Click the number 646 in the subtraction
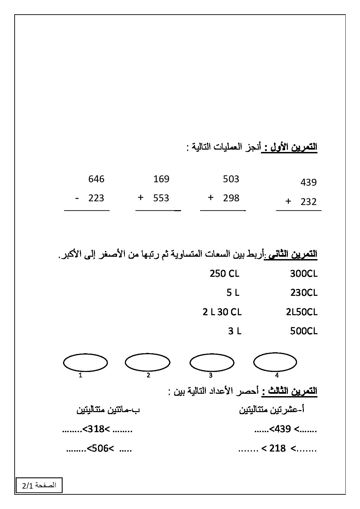[96, 179]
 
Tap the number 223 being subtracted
[96, 198]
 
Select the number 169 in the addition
[161, 179]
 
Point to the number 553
[161, 198]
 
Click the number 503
[231, 179]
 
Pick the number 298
[231, 198]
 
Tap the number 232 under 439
[309, 202]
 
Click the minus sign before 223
[77, 198]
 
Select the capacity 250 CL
[225, 273]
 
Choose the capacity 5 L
[233, 292]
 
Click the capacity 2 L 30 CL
[222, 312]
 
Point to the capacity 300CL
[304, 273]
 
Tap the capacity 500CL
[304, 331]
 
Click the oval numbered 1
[85, 363]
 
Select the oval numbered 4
[275, 362]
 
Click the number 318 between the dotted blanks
[95, 429]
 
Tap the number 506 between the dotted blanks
[98, 449]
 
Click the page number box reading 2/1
[39, 486]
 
